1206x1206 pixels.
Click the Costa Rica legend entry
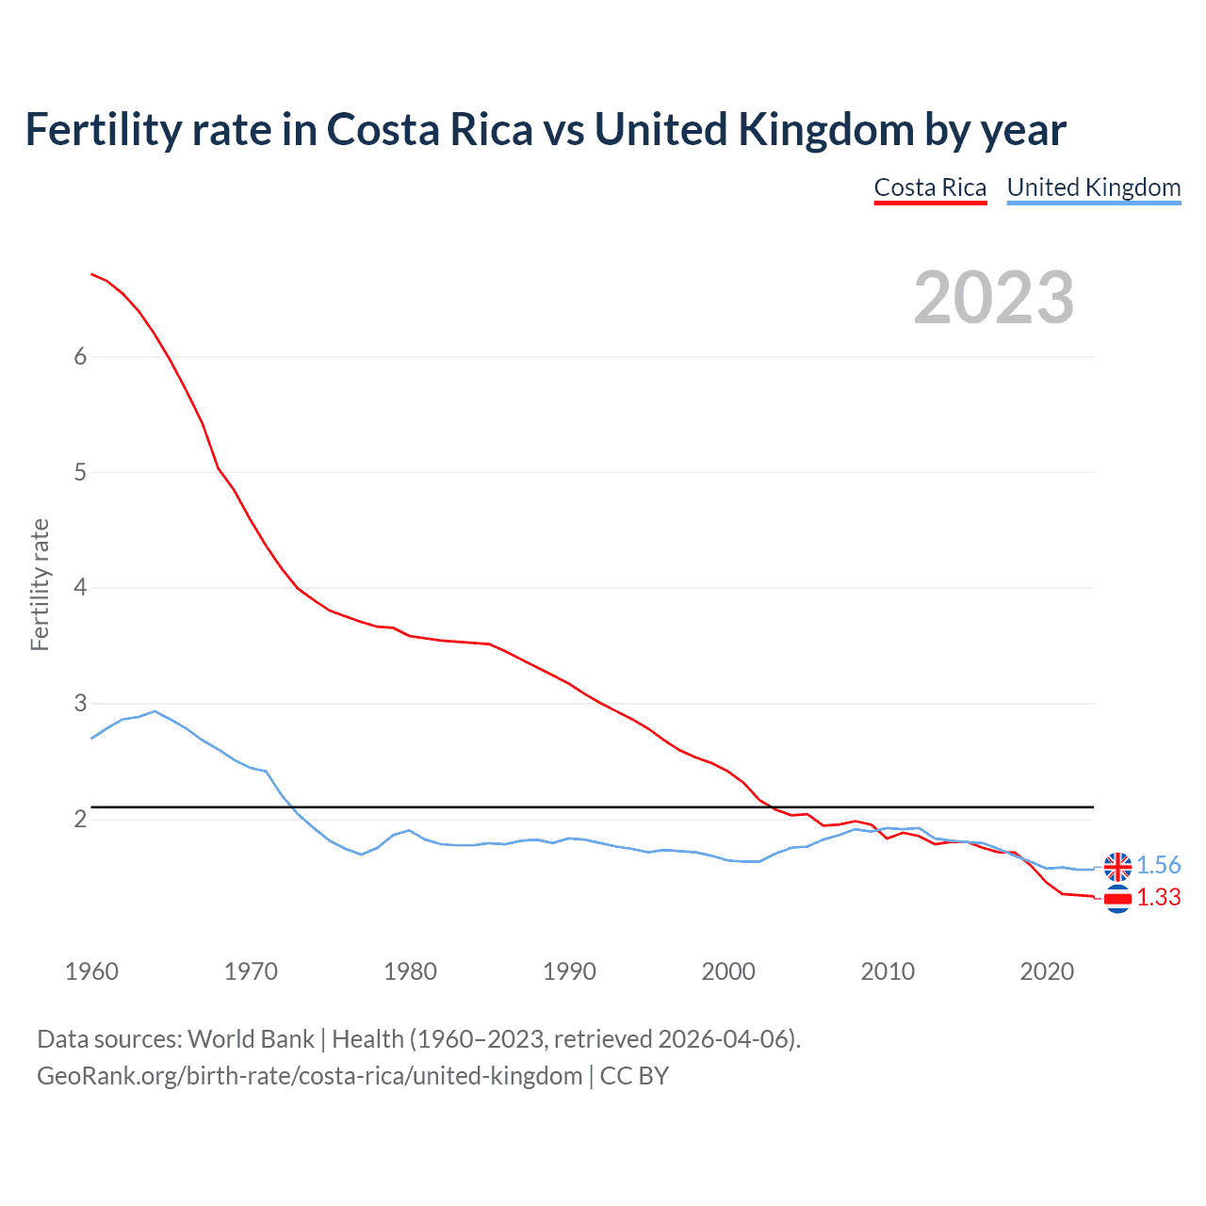tap(930, 187)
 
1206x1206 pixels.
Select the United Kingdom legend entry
tap(1093, 187)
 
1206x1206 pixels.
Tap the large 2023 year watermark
tap(993, 298)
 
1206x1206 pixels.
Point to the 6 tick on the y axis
tap(80, 356)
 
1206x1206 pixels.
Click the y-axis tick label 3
tap(80, 703)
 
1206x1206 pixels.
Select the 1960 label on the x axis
tap(91, 971)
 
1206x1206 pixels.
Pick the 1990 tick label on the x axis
tap(569, 971)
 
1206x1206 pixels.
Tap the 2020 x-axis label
tap(1047, 971)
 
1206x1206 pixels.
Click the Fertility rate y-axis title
tap(40, 584)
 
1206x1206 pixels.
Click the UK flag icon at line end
tap(1117, 866)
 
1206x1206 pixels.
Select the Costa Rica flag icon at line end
tap(1117, 900)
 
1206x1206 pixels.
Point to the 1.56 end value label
tap(1158, 865)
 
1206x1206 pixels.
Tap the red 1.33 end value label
tap(1158, 898)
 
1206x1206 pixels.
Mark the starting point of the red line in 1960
tap(91, 273)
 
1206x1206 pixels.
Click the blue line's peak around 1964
tap(155, 711)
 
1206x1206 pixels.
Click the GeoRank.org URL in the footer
tap(309, 1076)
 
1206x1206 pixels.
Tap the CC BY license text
tap(634, 1076)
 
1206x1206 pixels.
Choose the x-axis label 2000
tap(728, 971)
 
